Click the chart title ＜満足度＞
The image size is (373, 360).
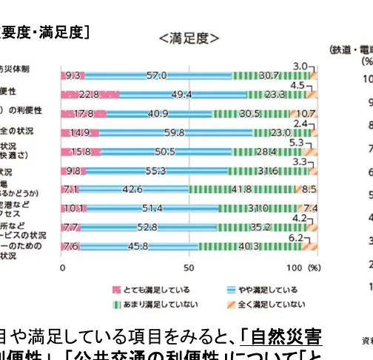[x=189, y=38]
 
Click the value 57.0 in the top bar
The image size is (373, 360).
[x=156, y=75]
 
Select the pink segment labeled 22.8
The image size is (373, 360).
[x=89, y=95]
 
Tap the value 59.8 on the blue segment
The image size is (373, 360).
[x=175, y=133]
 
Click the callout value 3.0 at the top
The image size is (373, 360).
[x=299, y=67]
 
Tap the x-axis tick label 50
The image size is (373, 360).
[x=189, y=266]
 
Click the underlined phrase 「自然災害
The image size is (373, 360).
[x=281, y=338]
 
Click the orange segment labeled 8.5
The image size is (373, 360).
[x=307, y=189]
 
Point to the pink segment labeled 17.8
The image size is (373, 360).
[x=83, y=114]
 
